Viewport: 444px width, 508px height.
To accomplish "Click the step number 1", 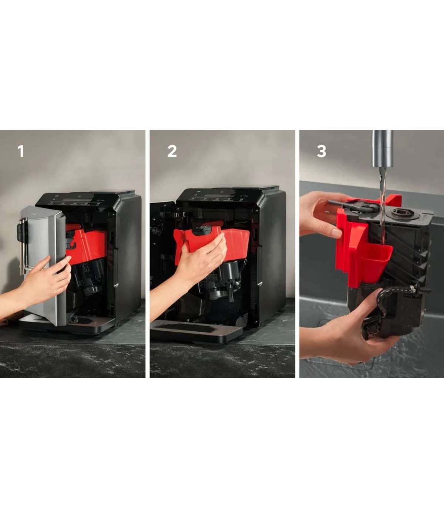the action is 21,151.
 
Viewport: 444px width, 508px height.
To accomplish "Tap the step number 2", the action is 172,151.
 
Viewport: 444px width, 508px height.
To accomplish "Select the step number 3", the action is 322,151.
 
